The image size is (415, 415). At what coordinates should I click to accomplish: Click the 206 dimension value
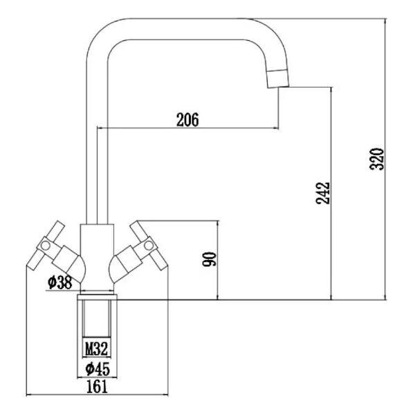187,120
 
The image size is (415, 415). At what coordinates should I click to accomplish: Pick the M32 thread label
97,347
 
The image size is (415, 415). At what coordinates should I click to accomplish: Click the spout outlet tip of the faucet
278,80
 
